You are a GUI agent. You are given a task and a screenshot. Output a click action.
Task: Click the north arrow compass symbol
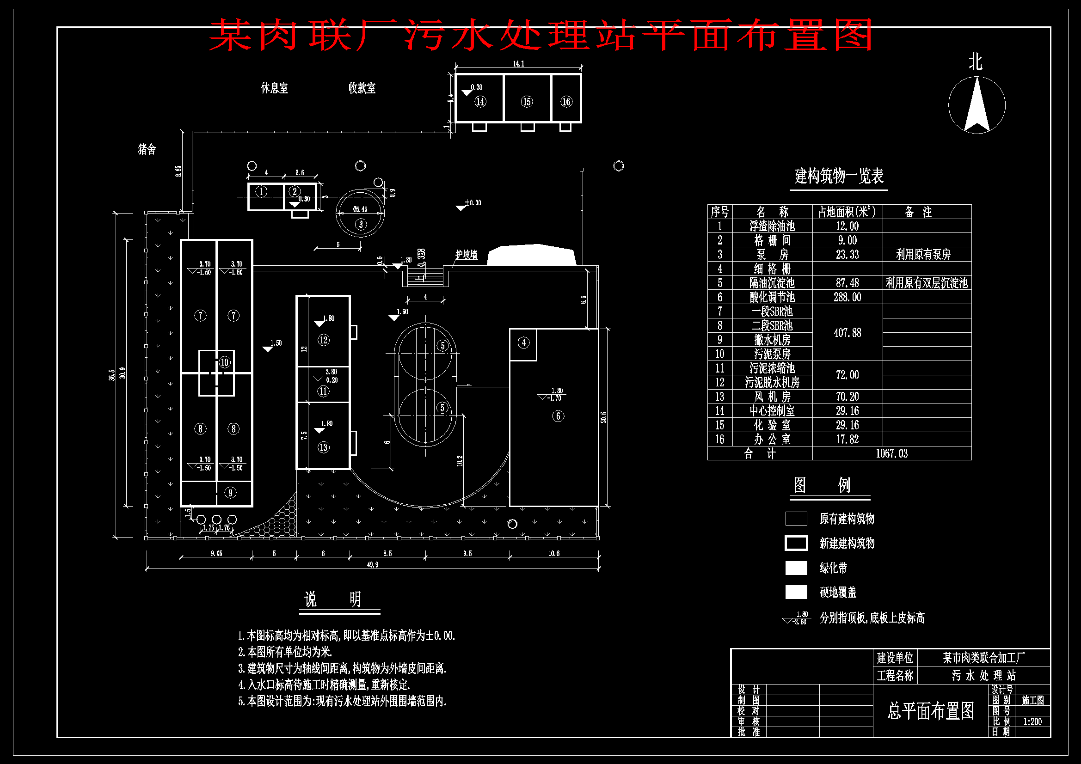977,105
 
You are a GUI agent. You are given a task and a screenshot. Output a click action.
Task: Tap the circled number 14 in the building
480,102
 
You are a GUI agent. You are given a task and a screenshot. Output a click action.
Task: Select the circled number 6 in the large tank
558,416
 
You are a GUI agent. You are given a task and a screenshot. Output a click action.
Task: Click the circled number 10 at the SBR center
225,362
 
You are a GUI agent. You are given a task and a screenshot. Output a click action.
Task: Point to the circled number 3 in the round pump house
361,224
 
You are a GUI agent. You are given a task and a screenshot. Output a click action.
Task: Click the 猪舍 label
147,149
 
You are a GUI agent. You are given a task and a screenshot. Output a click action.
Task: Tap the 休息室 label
274,88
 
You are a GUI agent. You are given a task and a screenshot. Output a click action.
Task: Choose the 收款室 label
362,88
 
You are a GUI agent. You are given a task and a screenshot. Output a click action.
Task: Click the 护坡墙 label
466,255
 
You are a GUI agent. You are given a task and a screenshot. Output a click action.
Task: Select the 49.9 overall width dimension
372,564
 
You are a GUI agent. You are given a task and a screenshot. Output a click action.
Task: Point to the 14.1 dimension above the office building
518,63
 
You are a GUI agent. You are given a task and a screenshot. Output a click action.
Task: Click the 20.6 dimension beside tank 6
603,417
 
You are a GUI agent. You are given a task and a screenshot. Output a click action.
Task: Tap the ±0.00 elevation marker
472,203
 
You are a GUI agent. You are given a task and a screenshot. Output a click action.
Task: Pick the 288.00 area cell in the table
847,297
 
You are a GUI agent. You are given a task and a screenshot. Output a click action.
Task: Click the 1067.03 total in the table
891,453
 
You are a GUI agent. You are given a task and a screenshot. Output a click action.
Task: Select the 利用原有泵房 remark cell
923,255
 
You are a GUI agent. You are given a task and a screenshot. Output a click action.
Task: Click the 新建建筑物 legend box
796,543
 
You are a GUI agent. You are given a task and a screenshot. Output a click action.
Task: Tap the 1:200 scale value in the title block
1032,721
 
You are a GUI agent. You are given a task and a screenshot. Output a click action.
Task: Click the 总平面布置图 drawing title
930,711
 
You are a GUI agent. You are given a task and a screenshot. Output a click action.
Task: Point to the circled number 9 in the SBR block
230,493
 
